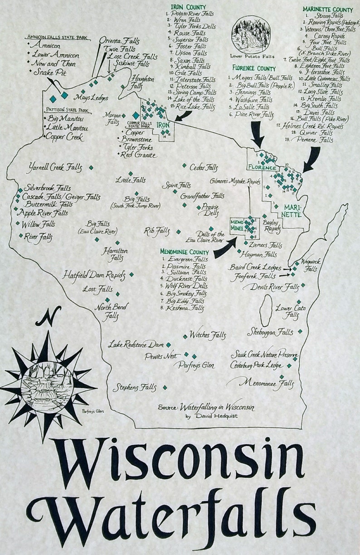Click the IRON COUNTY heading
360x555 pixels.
tap(188, 7)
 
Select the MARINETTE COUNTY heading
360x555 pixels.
tap(327, 9)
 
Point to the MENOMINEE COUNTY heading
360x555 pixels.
tap(184, 252)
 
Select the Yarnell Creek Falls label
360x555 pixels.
tap(55, 167)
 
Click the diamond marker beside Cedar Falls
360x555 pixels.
tap(185, 166)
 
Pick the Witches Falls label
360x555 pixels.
tap(207, 335)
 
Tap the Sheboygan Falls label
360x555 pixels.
tap(270, 332)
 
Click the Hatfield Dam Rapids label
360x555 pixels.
tap(93, 275)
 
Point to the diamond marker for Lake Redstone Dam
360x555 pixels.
tap(168, 345)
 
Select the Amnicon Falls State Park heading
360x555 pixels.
tap(58, 37)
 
